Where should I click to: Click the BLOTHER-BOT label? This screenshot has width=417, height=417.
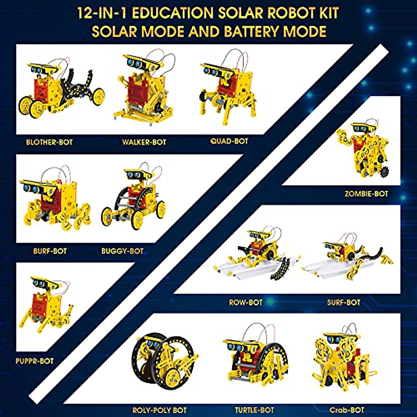tap(49, 142)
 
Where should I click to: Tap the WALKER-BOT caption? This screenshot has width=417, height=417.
tap(144, 142)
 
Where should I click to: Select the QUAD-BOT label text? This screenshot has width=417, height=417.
tap(229, 141)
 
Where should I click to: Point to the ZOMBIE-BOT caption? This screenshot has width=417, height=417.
tap(366, 194)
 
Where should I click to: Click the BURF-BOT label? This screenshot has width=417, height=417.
tap(50, 251)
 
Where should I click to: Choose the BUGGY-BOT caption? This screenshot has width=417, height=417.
tap(122, 251)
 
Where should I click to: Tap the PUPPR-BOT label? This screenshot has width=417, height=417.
tap(34, 361)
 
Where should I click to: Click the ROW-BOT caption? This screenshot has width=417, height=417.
tap(245, 302)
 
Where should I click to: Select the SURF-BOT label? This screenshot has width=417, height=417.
tap(343, 302)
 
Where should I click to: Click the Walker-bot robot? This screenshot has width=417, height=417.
tap(144, 89)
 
